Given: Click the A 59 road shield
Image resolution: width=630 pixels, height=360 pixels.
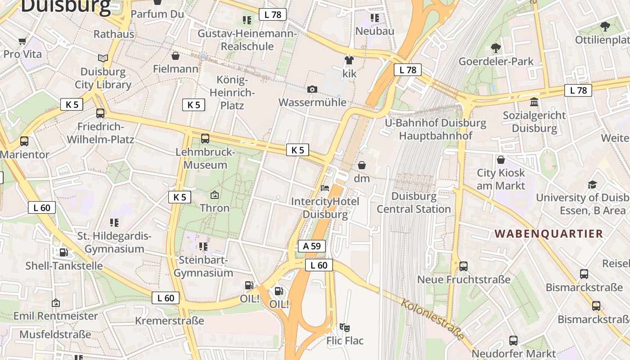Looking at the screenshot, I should click(311, 246).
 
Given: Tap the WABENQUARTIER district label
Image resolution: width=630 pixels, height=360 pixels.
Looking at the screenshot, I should click(549, 234).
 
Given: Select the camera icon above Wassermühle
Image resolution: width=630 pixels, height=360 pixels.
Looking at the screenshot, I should click(312, 89).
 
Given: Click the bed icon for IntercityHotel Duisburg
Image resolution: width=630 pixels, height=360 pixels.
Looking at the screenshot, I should click(325, 188).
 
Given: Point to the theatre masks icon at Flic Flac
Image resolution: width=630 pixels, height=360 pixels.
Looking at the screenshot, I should click(345, 327).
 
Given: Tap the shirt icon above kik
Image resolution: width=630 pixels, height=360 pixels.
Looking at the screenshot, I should click(349, 60).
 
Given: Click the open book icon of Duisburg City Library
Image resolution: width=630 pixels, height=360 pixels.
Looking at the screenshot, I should click(103, 58).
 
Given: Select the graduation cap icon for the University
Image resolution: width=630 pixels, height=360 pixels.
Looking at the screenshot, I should click(592, 184).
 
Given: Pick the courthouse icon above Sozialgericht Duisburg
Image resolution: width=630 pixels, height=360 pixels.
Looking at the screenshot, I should click(534, 102).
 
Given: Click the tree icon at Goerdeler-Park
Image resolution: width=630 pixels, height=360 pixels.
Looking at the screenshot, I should click(495, 48).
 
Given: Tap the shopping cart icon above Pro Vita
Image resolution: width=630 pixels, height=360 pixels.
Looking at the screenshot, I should click(22, 41).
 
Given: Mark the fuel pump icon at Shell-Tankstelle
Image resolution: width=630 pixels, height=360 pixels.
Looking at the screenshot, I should click(64, 252).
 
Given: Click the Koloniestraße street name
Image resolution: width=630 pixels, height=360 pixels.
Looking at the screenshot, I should click(432, 319).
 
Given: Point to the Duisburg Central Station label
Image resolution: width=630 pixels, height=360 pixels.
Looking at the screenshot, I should click(414, 202).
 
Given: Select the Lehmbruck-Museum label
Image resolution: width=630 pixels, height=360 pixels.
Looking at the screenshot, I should click(205, 158).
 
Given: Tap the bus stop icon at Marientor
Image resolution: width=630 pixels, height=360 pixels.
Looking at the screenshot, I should click(24, 141).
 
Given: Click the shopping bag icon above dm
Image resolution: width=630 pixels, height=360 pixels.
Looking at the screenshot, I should click(361, 165).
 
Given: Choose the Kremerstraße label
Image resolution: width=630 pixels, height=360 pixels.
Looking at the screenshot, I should click(170, 321).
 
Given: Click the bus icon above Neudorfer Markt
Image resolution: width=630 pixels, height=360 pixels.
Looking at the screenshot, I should click(513, 341).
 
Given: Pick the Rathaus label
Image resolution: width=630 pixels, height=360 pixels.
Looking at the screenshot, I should click(114, 34).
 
